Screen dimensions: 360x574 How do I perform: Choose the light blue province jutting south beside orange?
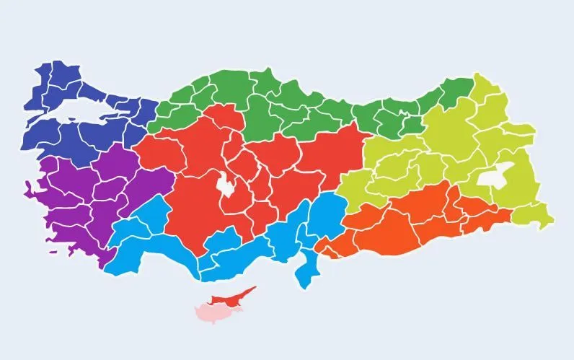pyautogui.click(x=308, y=271)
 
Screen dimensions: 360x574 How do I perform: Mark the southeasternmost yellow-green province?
pyautogui.click(x=537, y=214)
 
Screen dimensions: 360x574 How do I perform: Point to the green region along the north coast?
pyautogui.click(x=288, y=108)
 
